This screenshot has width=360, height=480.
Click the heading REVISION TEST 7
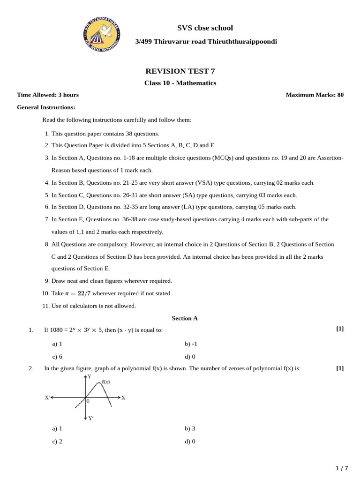click(180, 71)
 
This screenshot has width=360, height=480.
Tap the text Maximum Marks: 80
click(315, 95)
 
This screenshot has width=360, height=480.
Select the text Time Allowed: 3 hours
click(48, 95)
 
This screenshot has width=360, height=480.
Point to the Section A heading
click(185, 318)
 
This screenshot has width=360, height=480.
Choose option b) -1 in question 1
click(191, 344)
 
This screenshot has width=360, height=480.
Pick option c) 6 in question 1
click(57, 356)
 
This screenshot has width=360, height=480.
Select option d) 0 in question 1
click(190, 356)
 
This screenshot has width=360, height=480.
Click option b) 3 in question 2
click(190, 428)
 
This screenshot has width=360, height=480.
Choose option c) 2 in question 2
click(57, 441)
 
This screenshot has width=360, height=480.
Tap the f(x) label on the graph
click(106, 382)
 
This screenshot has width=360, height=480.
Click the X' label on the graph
click(47, 397)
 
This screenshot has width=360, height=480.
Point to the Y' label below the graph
click(90, 418)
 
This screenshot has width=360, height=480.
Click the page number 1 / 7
click(342, 468)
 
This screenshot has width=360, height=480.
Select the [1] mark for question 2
click(340, 368)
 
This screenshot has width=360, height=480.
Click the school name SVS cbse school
click(205, 28)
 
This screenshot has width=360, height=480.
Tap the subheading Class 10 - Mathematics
click(180, 83)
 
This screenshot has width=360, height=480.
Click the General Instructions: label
click(46, 107)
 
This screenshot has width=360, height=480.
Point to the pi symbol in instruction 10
click(67, 294)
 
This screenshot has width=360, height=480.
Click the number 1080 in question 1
click(56, 330)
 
